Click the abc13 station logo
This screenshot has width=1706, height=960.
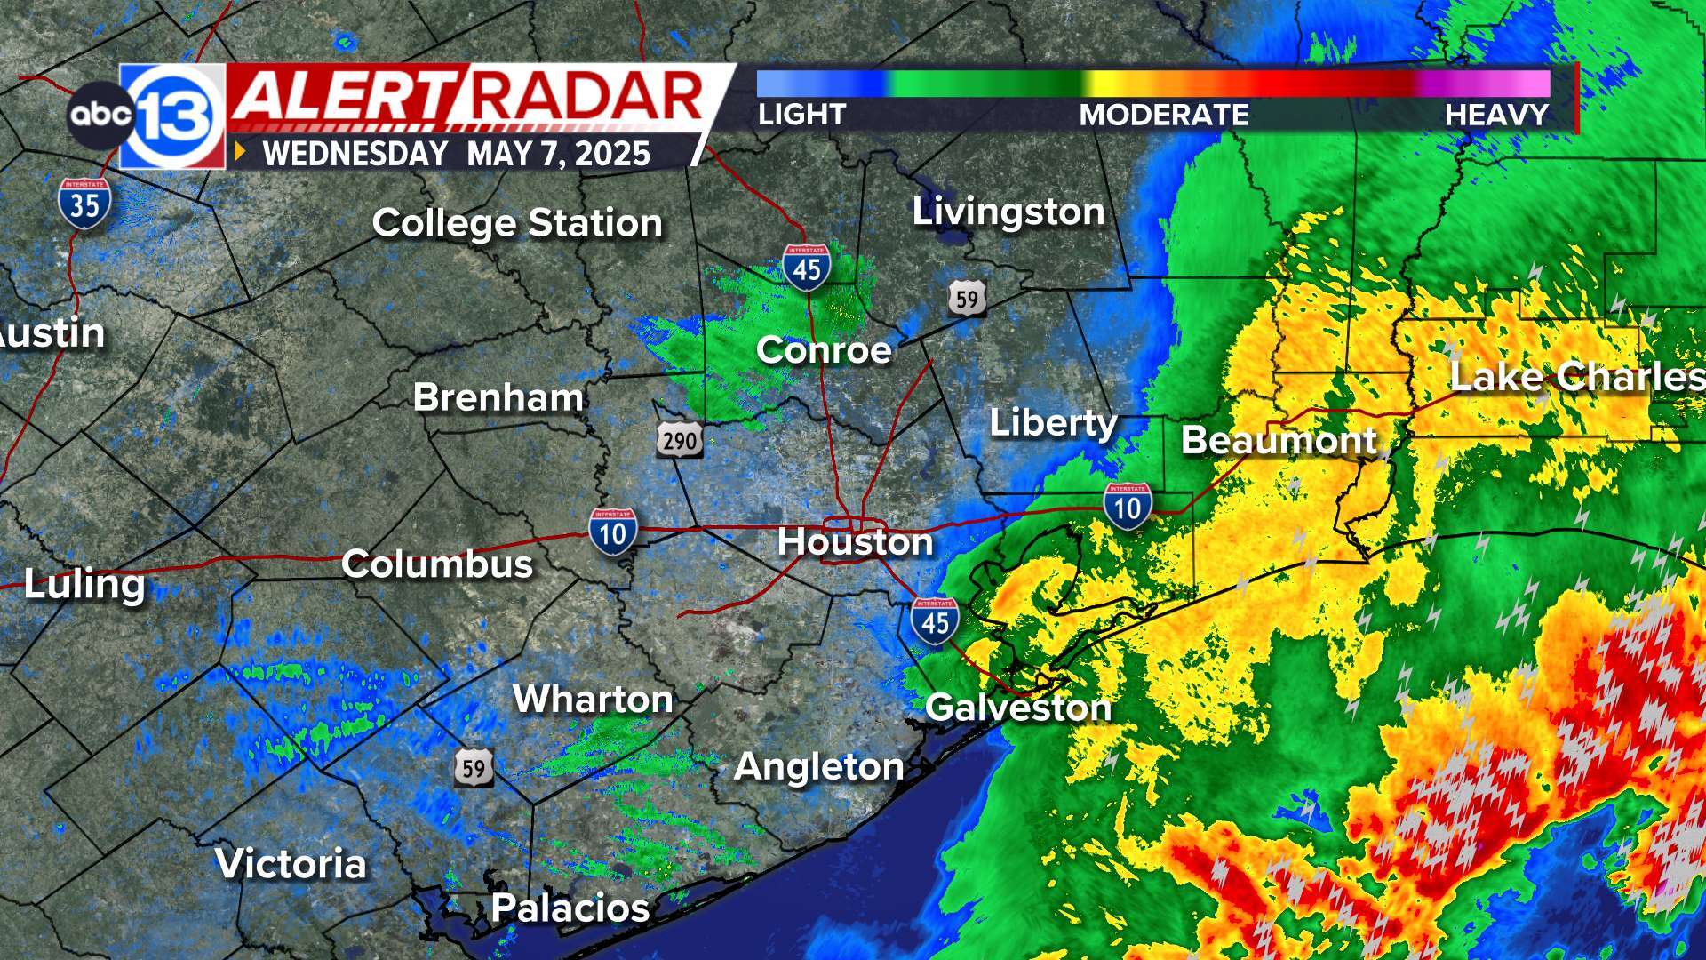tap(147, 116)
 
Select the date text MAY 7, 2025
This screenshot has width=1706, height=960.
tap(558, 154)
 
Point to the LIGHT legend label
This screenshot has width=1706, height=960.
tap(801, 115)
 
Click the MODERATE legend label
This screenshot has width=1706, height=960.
tap(1164, 115)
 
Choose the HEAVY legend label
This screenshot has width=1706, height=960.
tap(1496, 115)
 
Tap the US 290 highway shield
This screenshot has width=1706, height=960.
tap(680, 440)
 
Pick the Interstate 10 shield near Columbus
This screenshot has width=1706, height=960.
tap(613, 532)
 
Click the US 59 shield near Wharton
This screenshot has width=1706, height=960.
tap(474, 767)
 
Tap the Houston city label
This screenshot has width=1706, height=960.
tap(855, 541)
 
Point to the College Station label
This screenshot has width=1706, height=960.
tap(517, 222)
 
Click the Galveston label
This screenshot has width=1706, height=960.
tap(1018, 708)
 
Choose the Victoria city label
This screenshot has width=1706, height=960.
tap(291, 863)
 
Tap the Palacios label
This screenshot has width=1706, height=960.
tap(570, 908)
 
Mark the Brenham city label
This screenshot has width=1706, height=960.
tap(498, 397)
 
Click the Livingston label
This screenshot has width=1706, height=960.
tap(1008, 212)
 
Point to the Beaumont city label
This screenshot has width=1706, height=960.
tap(1279, 440)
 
